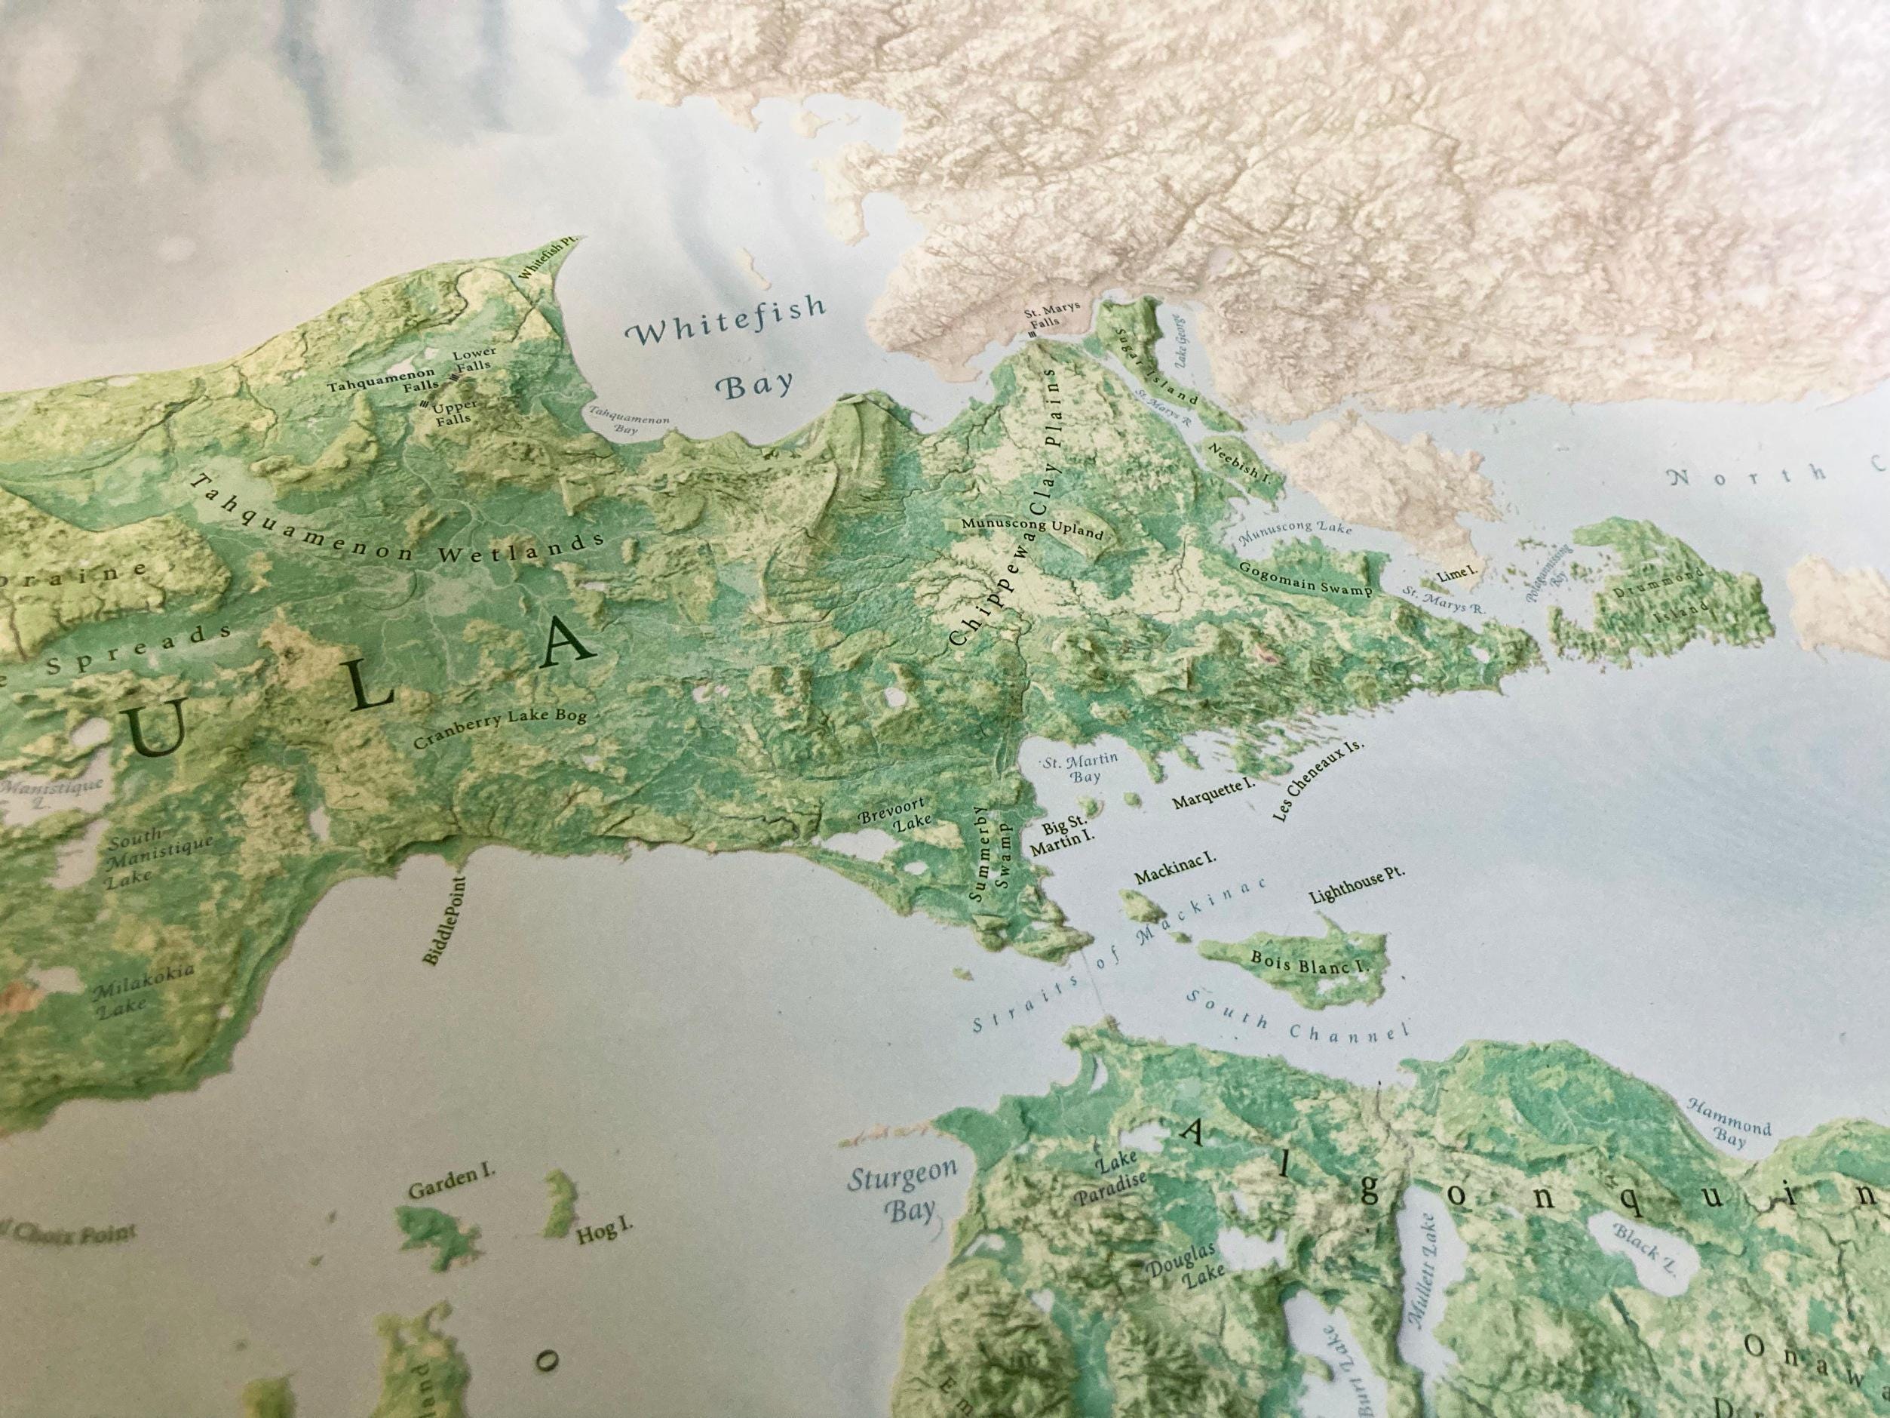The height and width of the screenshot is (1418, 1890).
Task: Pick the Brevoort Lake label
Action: pyautogui.click(x=897, y=818)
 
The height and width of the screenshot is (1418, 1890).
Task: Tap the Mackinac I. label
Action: pyautogui.click(x=1175, y=869)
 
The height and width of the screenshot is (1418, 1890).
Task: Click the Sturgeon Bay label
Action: pyautogui.click(x=903, y=1193)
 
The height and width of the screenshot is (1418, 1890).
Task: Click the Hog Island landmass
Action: pyautogui.click(x=560, y=1200)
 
